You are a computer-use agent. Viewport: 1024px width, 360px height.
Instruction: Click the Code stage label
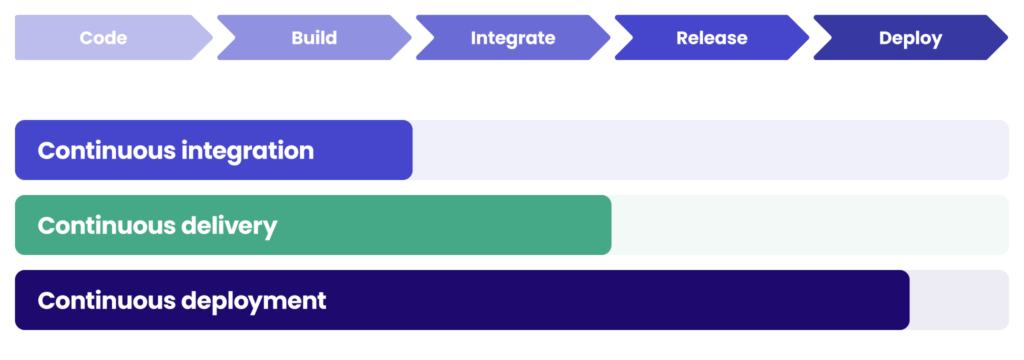(103, 38)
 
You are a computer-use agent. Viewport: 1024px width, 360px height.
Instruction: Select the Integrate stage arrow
(512, 38)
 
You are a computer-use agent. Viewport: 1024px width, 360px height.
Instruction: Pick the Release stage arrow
(711, 38)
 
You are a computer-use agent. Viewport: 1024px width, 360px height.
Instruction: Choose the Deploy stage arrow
(910, 38)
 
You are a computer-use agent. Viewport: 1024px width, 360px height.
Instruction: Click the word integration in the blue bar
(247, 151)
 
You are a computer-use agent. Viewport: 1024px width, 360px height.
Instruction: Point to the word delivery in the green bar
(229, 226)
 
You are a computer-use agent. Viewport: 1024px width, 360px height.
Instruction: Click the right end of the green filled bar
(605, 226)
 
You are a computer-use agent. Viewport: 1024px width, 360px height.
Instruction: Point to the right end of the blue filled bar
(407, 151)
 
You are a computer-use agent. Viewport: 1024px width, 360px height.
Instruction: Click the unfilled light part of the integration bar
(710, 151)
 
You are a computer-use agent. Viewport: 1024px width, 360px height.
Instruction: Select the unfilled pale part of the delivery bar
(810, 226)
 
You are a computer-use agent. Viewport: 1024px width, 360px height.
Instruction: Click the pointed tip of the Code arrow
(211, 38)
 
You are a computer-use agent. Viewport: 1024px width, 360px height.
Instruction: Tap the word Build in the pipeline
(314, 38)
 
